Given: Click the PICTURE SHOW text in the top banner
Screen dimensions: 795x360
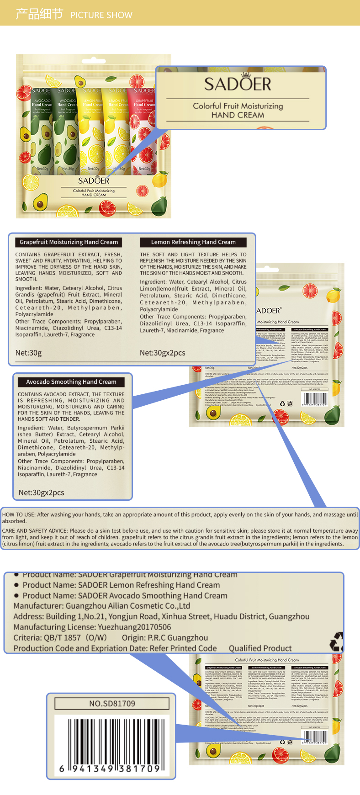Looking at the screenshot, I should [101, 15].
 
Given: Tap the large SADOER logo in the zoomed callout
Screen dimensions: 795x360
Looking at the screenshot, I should [238, 84].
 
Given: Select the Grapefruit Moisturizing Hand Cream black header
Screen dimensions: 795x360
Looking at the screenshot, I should [69, 242].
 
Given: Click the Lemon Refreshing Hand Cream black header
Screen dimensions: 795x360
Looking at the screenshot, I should [193, 242].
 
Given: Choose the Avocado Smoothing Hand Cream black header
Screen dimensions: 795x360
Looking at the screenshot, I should [71, 382].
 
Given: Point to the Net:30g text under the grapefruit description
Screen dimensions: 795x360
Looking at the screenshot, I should [28, 353].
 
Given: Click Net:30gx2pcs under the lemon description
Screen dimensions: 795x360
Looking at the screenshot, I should [163, 353].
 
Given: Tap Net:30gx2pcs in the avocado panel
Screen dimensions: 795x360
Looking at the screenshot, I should [42, 493].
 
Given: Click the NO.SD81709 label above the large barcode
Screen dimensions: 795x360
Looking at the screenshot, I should [112, 704].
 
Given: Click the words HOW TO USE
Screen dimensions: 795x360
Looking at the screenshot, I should [19, 514].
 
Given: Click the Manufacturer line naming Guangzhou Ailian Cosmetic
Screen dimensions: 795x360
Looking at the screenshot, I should [102, 606].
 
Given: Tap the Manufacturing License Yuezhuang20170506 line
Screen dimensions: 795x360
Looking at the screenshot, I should [92, 627].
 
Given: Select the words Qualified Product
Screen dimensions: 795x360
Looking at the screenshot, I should [260, 648].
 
